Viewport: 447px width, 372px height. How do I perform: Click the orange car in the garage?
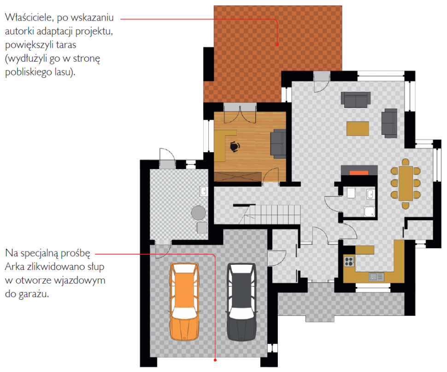[185, 302]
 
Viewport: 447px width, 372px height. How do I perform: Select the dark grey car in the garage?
[241, 302]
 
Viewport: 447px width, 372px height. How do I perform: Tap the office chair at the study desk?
[234, 146]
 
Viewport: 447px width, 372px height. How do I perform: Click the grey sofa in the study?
[278, 143]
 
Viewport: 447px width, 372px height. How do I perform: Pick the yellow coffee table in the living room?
[358, 128]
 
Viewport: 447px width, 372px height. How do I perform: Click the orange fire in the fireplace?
[359, 173]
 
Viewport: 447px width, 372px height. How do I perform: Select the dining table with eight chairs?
[406, 183]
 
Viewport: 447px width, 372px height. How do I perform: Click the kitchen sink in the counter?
[376, 276]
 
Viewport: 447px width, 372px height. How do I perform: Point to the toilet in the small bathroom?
[350, 193]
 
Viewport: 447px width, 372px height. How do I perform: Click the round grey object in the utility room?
[199, 212]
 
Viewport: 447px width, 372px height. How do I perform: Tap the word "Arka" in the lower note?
[15, 267]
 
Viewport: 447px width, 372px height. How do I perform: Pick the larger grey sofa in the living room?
[356, 98]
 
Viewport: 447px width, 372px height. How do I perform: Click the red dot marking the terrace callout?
[277, 45]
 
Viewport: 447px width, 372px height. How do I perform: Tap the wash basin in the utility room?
[203, 191]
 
